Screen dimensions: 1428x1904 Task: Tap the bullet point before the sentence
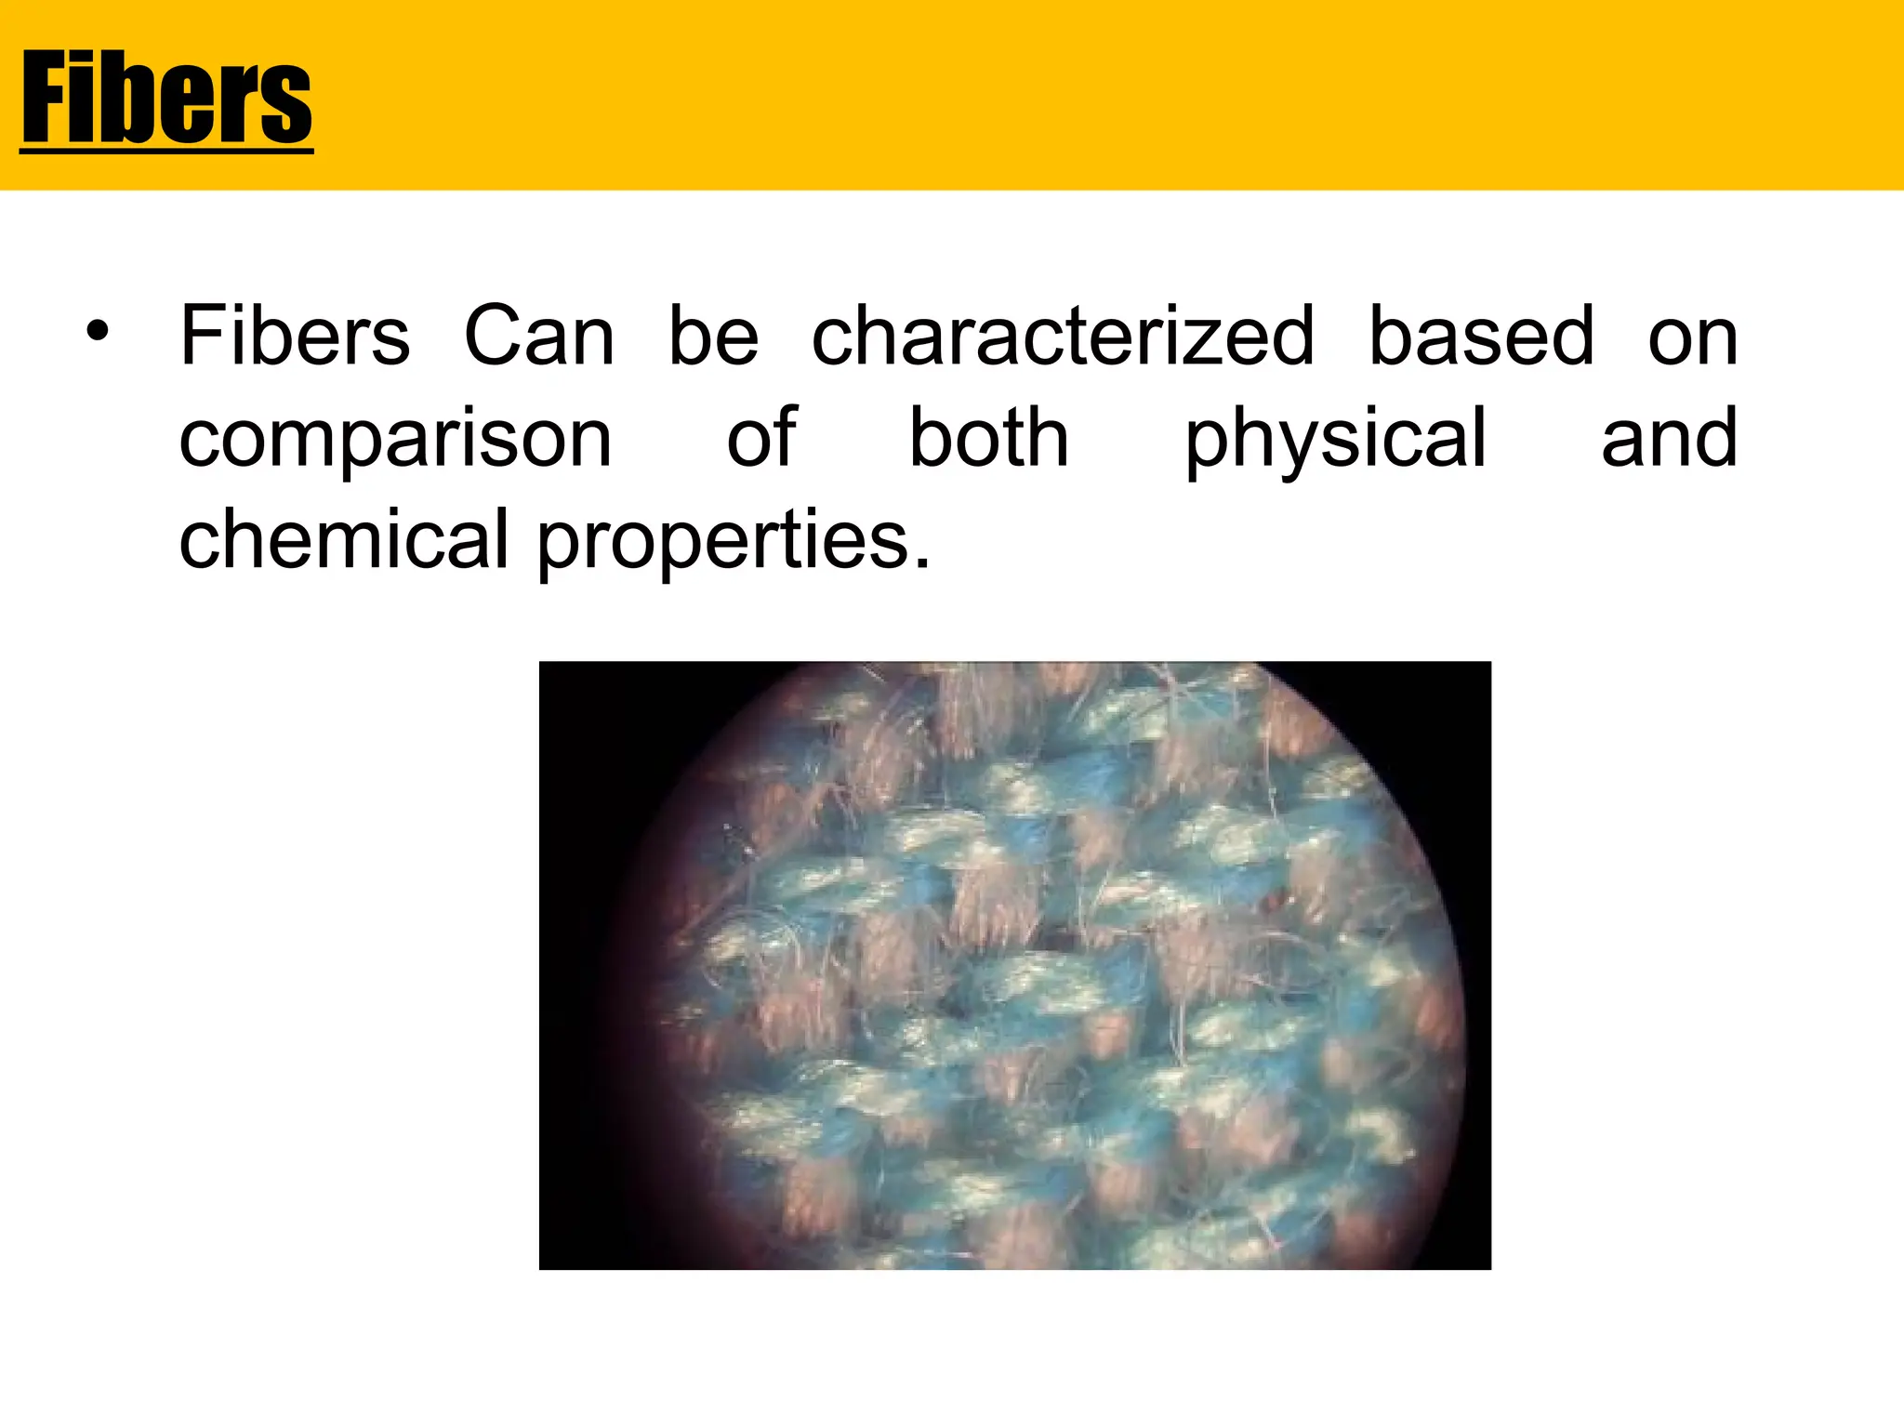click(x=98, y=331)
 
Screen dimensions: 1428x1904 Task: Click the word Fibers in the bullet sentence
click(x=295, y=336)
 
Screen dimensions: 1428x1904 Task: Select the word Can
click(x=539, y=336)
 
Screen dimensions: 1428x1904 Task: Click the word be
click(x=714, y=336)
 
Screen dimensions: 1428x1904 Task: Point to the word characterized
click(x=1063, y=336)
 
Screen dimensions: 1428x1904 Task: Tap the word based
click(x=1482, y=336)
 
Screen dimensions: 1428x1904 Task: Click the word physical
click(x=1335, y=441)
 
